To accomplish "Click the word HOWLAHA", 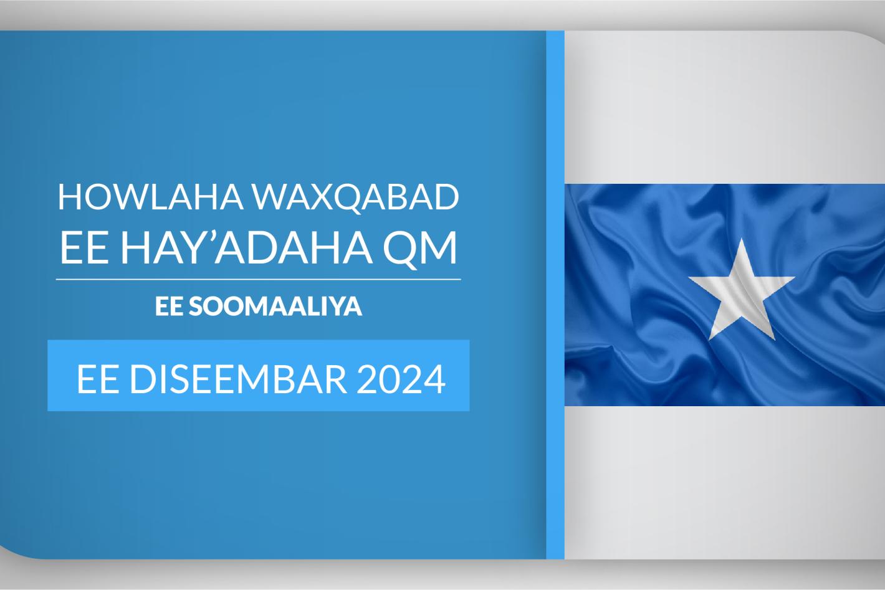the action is [x=151, y=197].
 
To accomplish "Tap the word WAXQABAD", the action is [x=356, y=197].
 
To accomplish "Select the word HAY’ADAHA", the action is [x=246, y=247].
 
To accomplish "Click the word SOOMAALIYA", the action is [x=275, y=307].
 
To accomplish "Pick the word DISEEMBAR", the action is [x=238, y=379].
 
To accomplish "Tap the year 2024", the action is [x=401, y=379].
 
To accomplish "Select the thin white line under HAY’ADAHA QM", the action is [x=259, y=279].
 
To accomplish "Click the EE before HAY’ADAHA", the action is [x=84, y=247].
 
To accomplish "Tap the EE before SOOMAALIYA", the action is [x=169, y=307].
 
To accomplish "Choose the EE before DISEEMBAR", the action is [x=98, y=379].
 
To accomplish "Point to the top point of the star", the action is [x=742, y=239].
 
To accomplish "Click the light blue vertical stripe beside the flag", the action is [x=555, y=295].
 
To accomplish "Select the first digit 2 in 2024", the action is [x=366, y=379].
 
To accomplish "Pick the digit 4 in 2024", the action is [x=434, y=379].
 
